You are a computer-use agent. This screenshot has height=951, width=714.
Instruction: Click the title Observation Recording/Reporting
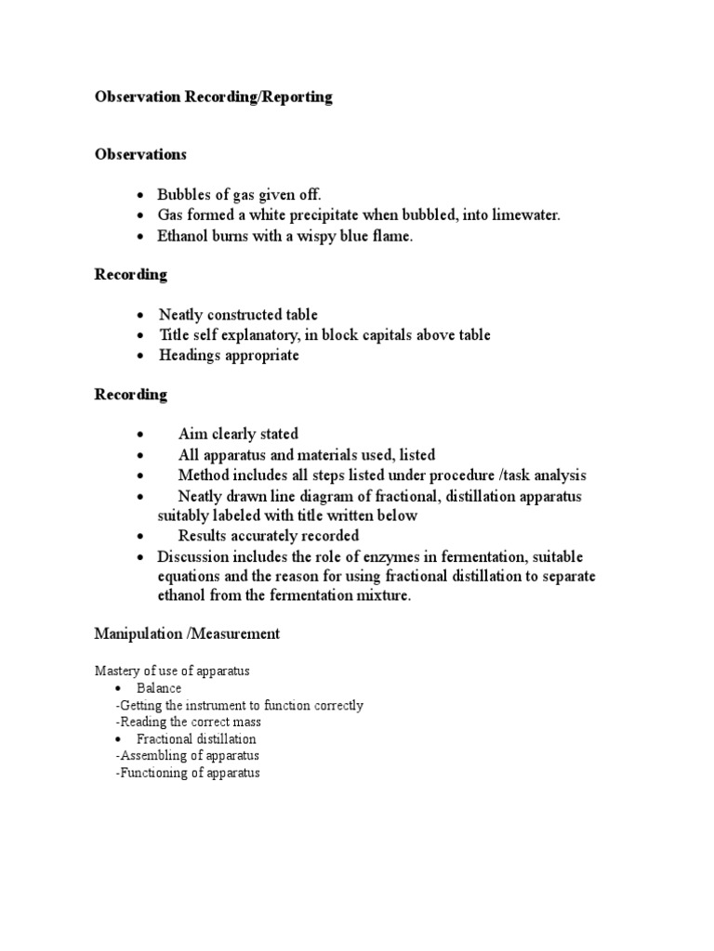tap(213, 98)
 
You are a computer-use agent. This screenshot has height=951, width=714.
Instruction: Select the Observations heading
tap(140, 154)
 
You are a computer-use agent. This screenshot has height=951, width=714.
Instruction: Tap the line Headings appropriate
tap(228, 356)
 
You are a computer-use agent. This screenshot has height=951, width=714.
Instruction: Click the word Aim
tap(192, 434)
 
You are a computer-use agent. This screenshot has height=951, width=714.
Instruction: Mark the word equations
tap(192, 577)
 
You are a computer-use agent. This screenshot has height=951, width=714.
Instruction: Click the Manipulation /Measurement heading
tap(186, 634)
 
